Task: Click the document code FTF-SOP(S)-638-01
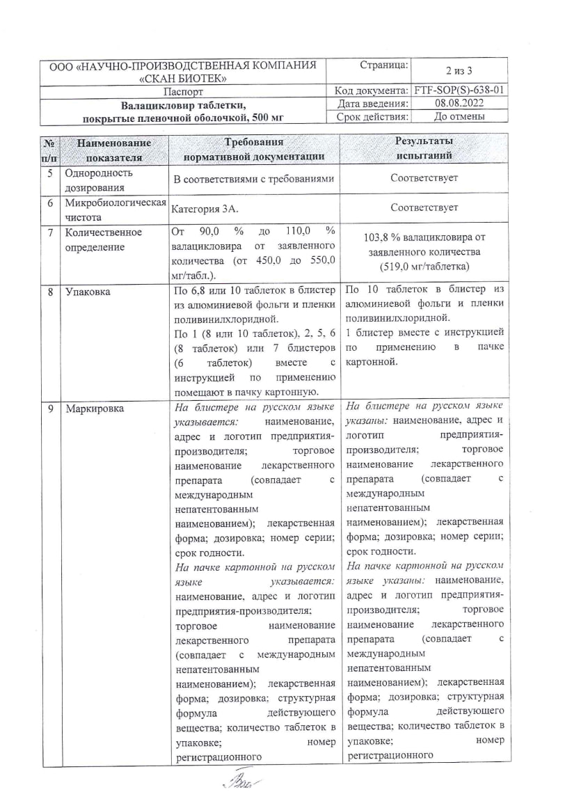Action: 459,90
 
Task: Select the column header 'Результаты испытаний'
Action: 424,148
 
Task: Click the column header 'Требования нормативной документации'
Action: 254,148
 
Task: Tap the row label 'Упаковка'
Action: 87,292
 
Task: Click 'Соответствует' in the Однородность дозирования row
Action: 424,179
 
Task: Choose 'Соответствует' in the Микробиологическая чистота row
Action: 424,207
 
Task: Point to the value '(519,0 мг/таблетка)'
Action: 424,267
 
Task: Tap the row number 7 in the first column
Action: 51,232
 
